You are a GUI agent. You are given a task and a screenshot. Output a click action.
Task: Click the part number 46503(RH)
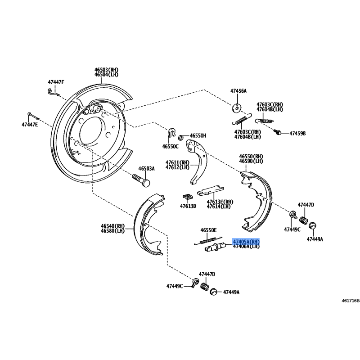pyautogui.click(x=106, y=70)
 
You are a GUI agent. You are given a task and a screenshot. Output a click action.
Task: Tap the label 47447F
pyautogui.click(x=56, y=82)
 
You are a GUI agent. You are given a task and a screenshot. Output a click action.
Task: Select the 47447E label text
pyautogui.click(x=30, y=124)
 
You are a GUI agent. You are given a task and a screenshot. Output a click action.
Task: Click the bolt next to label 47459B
pyautogui.click(x=278, y=132)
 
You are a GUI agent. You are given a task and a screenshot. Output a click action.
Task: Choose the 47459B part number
pyautogui.click(x=297, y=134)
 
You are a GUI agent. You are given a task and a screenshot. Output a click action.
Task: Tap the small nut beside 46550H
pyautogui.click(x=180, y=137)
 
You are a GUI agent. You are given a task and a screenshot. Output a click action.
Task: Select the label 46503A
pyautogui.click(x=146, y=168)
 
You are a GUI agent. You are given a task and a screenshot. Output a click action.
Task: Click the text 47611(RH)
pyautogui.click(x=177, y=162)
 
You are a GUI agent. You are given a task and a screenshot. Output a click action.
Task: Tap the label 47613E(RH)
pyautogui.click(x=220, y=202)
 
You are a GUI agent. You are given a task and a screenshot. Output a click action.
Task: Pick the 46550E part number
pyautogui.click(x=208, y=230)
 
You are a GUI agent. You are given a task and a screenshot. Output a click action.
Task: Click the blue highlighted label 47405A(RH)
pyautogui.click(x=246, y=242)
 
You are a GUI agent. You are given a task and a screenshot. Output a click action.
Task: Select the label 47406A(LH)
pyautogui.click(x=246, y=247)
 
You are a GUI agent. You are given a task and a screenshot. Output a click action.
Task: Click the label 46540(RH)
pyautogui.click(x=112, y=226)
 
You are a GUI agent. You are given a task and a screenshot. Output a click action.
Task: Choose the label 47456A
pyautogui.click(x=238, y=91)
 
